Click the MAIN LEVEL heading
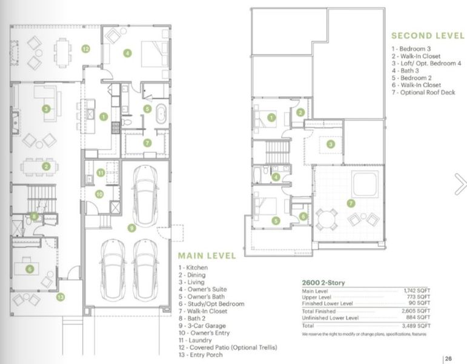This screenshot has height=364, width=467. [x=207, y=255]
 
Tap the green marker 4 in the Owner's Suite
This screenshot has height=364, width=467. [x=127, y=53]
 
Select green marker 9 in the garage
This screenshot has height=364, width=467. [x=130, y=228]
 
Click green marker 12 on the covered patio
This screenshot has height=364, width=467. [x=86, y=48]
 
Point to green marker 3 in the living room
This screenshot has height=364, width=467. [x=46, y=109]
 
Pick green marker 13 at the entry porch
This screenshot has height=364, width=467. [x=61, y=297]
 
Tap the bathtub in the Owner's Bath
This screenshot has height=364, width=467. [x=161, y=115]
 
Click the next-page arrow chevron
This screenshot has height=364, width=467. [x=460, y=183]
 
